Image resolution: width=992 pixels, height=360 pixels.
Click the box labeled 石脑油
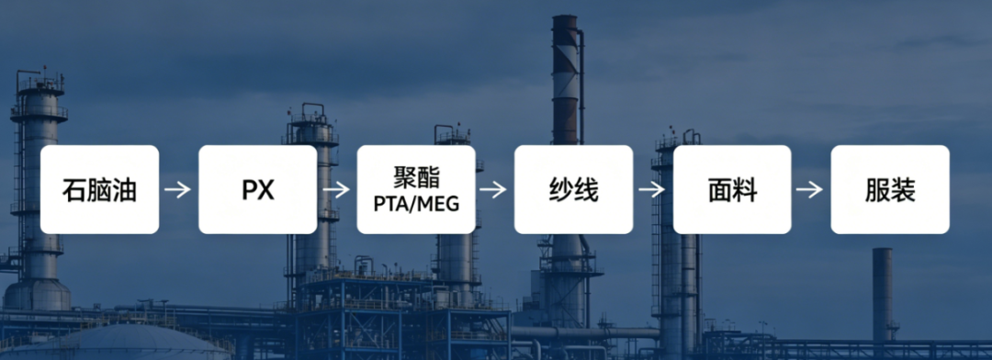tap(99, 189)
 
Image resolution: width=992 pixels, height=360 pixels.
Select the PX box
tap(257, 189)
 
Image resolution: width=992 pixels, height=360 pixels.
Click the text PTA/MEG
tap(416, 205)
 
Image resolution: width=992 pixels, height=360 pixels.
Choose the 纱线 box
tap(573, 189)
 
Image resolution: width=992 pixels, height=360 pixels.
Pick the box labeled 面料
tap(732, 189)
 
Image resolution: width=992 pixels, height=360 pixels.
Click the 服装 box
tap(890, 189)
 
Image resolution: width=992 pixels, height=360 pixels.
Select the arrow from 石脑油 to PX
tap(178, 189)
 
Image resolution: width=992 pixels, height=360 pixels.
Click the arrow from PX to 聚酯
tap(336, 189)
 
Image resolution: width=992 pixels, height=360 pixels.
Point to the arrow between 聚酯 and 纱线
tap(493, 189)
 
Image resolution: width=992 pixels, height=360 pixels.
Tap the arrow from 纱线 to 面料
tap(651, 189)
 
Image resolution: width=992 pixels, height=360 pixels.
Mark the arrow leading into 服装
tap(810, 189)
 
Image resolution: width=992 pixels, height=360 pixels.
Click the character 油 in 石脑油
tap(124, 190)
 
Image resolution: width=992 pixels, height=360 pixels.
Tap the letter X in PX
tap(266, 190)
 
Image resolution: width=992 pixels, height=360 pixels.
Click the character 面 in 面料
tap(719, 190)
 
